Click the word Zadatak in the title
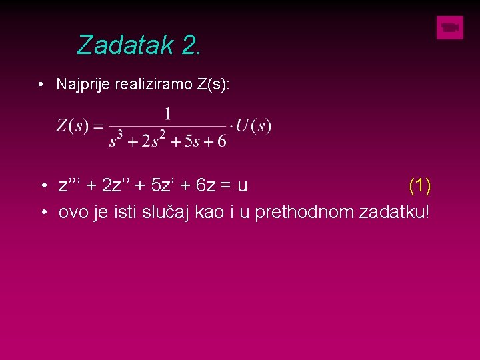pos(125,45)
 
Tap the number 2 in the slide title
pos(188,45)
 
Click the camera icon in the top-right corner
pos(450,28)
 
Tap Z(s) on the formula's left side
pos(73,126)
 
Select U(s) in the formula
pos(254,126)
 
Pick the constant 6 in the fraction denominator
pos(221,141)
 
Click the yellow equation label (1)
pos(419,185)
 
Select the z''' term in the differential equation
pos(69,185)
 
